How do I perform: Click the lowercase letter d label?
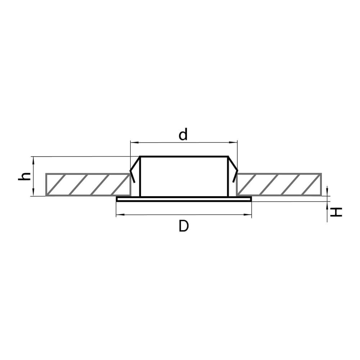point(183,134)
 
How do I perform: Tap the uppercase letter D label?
point(184,226)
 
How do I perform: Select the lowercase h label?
point(24,176)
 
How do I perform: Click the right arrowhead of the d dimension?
point(233,143)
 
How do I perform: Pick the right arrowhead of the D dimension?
point(247,215)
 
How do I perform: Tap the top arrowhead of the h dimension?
point(33,161)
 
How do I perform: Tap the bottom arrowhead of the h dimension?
point(33,192)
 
